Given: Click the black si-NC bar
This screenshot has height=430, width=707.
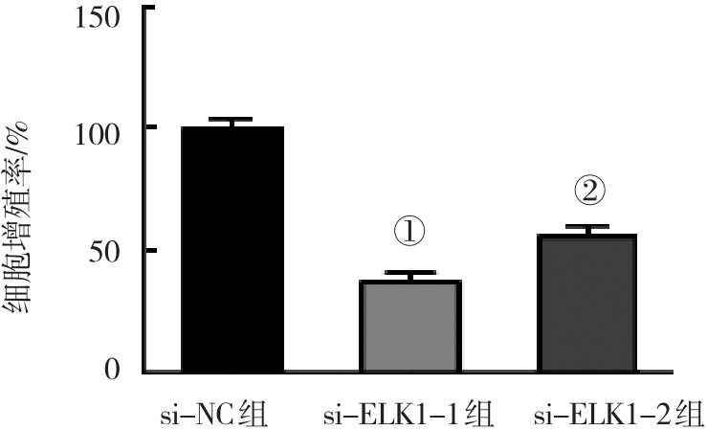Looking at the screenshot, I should tap(232, 249).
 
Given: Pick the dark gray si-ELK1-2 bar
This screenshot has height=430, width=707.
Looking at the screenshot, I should tap(587, 303).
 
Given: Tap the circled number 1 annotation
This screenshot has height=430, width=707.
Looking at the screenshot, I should tap(409, 231).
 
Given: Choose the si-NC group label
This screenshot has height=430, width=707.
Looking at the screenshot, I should tap(212, 416).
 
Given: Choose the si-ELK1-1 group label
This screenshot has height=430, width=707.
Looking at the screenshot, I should tap(409, 416).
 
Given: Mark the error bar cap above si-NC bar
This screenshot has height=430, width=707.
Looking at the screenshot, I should tap(232, 120).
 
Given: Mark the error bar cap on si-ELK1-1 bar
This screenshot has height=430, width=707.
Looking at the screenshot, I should tap(410, 273).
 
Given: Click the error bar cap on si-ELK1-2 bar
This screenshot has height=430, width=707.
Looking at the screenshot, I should tap(587, 227).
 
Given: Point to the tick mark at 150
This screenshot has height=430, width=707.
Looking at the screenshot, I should tap(148, 8).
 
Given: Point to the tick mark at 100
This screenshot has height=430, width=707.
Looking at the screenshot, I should tap(148, 127).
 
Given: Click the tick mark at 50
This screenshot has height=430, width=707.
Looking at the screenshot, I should tap(148, 250).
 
